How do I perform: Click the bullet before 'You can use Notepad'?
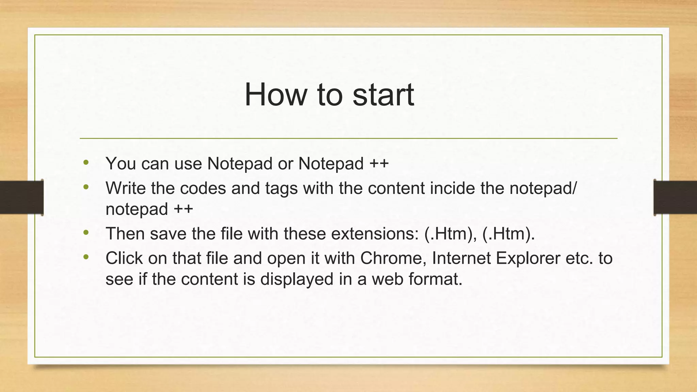86,162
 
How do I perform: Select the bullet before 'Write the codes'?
86,187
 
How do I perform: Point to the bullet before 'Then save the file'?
86,233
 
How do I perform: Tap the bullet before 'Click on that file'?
86,257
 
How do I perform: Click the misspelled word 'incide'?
452,188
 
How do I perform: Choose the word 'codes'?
203,188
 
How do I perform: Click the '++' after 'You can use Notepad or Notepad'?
379,164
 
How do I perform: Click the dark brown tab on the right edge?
675,197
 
